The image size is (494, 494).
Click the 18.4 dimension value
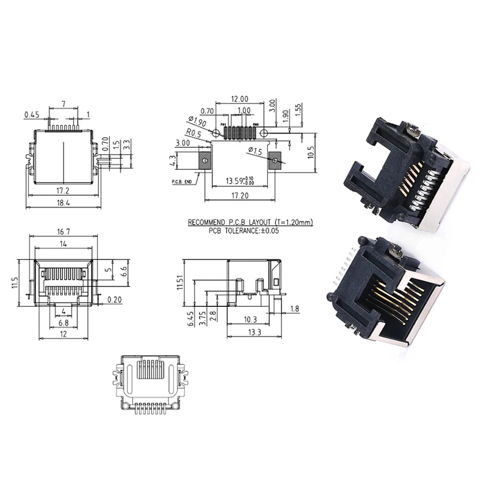coord(64,203)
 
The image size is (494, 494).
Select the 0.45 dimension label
coord(31,114)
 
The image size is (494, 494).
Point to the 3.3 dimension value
coord(127,145)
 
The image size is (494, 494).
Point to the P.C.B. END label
coord(182,182)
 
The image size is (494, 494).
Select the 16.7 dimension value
coord(64,232)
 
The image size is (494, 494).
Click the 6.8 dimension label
coord(64,322)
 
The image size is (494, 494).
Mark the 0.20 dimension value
coord(114,299)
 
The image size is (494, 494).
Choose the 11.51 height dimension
coord(180,282)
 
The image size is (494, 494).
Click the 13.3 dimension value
coord(254,332)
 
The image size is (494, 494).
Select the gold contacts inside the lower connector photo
coord(395,303)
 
